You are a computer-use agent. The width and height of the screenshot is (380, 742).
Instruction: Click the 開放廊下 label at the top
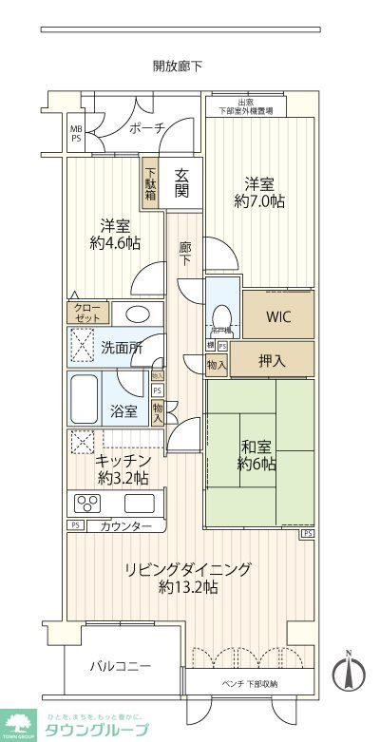click(178, 67)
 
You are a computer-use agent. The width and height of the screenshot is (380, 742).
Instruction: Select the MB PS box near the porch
click(74, 132)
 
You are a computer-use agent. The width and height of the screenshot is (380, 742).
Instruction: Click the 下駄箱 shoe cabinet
click(150, 181)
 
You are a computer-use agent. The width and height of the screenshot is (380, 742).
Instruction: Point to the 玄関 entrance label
click(181, 182)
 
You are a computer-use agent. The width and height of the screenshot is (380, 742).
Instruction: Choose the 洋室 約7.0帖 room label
click(259, 193)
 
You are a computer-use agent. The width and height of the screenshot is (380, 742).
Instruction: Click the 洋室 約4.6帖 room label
click(114, 235)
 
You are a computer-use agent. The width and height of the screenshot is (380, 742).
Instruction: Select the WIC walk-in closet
click(277, 317)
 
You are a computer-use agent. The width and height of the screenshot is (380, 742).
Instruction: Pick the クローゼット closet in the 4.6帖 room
click(86, 313)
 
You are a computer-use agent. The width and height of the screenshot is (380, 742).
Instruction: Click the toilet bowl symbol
click(220, 314)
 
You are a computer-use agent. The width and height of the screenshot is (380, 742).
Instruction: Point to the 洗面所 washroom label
click(122, 348)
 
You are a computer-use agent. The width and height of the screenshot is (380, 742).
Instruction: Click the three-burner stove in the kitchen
click(88, 504)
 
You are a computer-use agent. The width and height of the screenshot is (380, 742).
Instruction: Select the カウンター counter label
click(123, 525)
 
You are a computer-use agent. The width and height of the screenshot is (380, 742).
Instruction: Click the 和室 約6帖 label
click(256, 454)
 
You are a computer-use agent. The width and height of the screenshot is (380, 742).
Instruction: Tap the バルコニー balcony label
click(121, 666)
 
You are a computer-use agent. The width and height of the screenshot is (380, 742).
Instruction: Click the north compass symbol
click(350, 675)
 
